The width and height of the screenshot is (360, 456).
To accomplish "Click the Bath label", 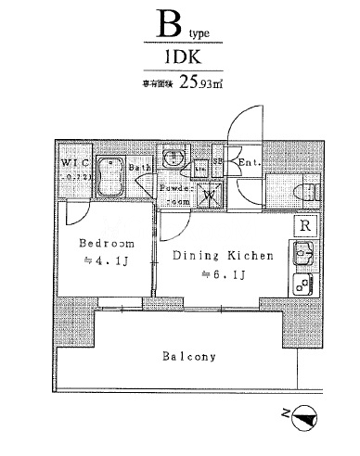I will (139, 168).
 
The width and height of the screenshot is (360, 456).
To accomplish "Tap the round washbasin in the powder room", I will (172, 158).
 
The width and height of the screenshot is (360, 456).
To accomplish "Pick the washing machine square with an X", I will (212, 194).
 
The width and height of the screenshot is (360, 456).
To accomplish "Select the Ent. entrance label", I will (248, 163).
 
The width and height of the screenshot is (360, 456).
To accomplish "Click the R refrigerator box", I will (303, 225).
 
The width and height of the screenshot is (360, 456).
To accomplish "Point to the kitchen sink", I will (302, 251).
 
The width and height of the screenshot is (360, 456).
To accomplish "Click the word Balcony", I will (188, 357).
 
